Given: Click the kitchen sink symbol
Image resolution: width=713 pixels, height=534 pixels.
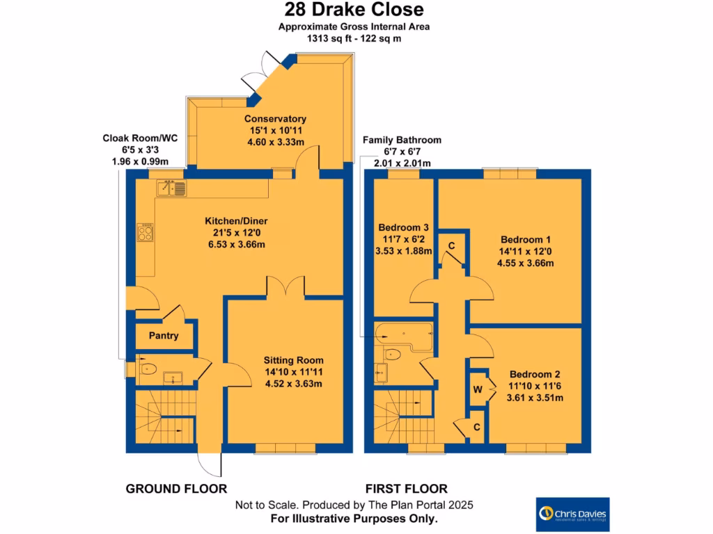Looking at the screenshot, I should tap(171, 187).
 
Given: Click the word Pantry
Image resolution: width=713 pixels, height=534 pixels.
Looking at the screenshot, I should tap(164, 336).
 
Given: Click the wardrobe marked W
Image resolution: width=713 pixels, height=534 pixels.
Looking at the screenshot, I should tap(478, 389).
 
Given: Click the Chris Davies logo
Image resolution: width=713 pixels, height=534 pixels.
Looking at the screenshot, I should tap(572, 515).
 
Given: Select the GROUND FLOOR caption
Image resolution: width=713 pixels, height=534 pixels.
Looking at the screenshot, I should tap(176, 488).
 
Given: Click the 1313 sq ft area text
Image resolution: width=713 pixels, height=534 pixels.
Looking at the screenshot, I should tap(354, 39).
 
